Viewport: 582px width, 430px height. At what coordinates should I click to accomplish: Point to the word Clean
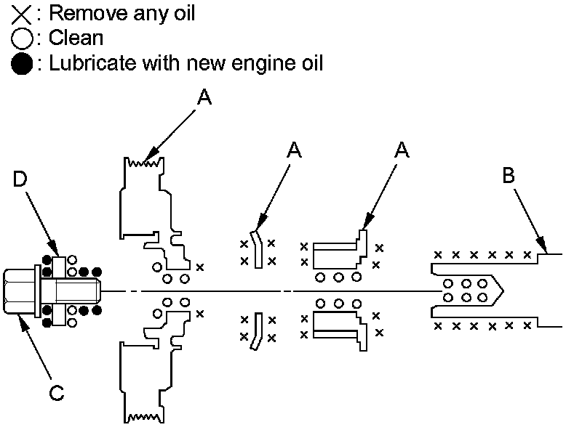pos(76,38)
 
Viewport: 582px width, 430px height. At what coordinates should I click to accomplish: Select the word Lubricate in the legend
pos(86,64)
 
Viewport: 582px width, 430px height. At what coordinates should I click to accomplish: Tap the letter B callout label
pos(509,175)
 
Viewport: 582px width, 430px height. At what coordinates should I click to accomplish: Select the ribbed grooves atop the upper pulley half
pos(145,163)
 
